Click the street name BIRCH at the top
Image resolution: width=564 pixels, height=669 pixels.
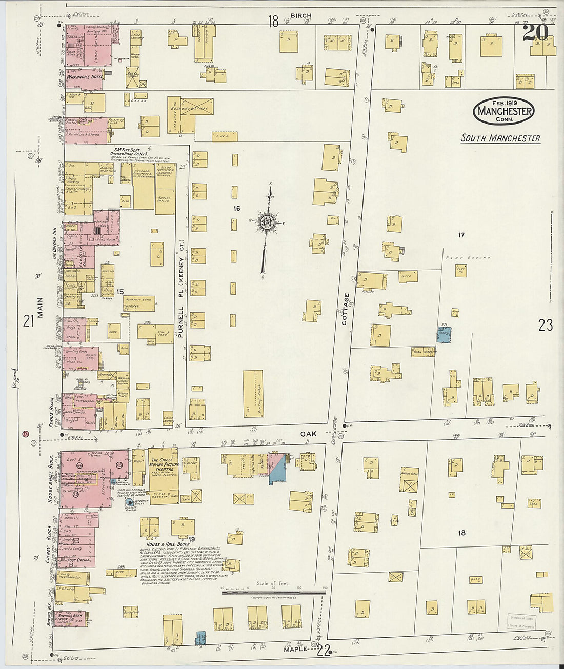(300, 15)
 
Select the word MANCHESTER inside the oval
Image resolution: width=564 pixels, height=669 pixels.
(505, 111)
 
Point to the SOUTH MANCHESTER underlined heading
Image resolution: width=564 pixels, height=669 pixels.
(500, 138)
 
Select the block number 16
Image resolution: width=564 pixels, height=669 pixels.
(236, 208)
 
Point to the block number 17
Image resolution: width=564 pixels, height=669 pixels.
(461, 235)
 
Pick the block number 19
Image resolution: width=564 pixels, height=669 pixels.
(191, 539)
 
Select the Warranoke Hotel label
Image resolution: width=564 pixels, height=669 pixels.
(84, 77)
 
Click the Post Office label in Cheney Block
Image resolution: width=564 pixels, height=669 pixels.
(79, 560)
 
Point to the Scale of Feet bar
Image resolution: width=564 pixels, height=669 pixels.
(273, 593)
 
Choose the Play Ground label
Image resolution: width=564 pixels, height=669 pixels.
(468, 257)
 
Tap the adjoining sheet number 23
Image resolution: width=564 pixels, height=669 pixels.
(546, 325)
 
